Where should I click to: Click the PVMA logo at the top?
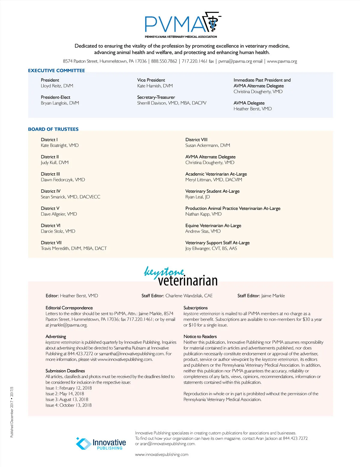pos(182,24)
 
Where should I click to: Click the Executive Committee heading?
pos(56,71)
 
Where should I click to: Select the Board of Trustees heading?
pos(53,129)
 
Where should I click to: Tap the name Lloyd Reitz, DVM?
pos(57,86)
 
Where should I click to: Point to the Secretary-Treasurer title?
pos(156,97)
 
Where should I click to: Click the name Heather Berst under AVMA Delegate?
pos(253,109)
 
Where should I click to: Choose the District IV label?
pos(51,191)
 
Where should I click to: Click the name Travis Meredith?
pos(73,248)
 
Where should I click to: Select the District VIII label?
pos(196,140)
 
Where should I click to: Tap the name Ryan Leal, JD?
pos(197,197)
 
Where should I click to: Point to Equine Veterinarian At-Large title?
pos(213,226)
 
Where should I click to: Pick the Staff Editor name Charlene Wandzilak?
pos(189,296)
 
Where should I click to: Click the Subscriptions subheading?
pos(196,308)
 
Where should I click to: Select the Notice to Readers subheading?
pos(200,337)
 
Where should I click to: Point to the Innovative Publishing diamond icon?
pos(83,443)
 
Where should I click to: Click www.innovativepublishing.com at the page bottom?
pos(162,455)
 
